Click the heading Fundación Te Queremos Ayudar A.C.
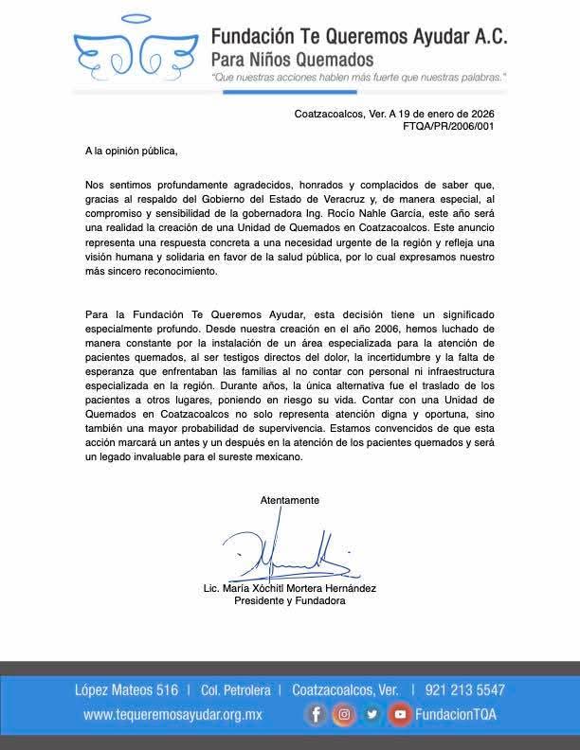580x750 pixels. point(359,39)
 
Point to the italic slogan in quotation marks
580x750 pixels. point(358,78)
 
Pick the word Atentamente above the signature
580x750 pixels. point(290,499)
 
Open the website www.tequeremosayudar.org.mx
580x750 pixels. point(172,715)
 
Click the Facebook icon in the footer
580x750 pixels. point(317,715)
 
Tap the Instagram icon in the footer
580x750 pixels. point(344,715)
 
